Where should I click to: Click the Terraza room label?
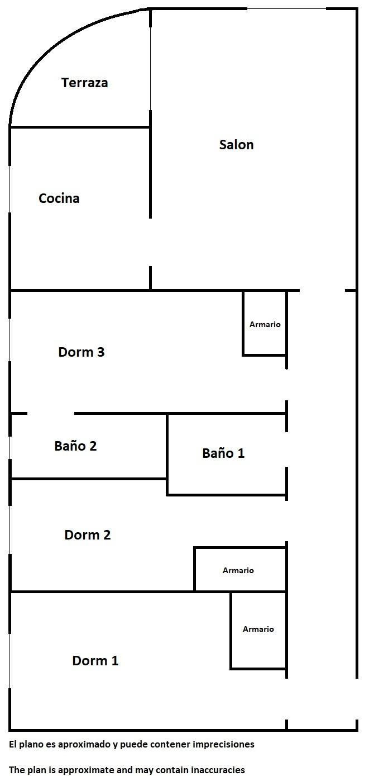point(84,83)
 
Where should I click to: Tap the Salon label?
point(236,145)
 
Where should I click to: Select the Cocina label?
point(59,198)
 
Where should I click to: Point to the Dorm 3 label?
point(81,352)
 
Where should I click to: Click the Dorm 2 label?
point(88,535)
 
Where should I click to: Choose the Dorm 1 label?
point(95,661)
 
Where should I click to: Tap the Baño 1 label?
point(223,453)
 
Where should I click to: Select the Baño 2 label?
point(75,446)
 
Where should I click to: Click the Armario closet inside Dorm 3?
point(265,324)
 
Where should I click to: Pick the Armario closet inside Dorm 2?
point(238,570)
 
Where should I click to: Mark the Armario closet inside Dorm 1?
point(258,629)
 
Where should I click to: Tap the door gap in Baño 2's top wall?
point(50,414)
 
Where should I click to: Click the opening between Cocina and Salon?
point(150,242)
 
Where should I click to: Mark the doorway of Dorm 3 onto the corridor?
point(286,385)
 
